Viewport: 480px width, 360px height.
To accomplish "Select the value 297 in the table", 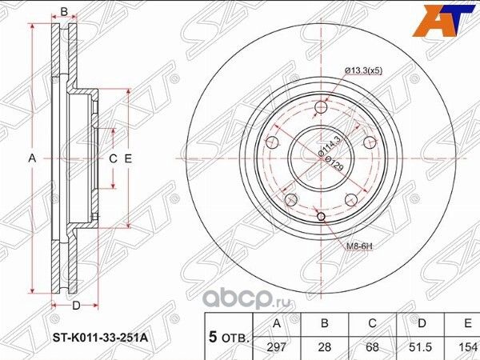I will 277,347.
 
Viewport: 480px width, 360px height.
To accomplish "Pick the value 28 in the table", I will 324,347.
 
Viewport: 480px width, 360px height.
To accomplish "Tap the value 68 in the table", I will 372,347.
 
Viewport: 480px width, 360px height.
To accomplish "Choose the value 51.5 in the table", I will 420,347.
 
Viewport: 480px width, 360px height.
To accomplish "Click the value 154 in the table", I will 466,347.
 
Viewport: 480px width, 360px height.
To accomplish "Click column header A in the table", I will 277,324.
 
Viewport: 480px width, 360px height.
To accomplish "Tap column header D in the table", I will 420,324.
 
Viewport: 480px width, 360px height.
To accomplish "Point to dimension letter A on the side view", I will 33,158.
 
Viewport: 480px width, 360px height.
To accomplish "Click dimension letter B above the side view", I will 64,12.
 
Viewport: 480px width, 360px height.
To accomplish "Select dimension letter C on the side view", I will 113,159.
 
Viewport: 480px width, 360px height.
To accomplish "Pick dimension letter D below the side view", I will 75,306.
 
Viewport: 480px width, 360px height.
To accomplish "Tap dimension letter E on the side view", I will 127,159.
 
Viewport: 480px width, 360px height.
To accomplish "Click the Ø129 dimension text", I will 329,162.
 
